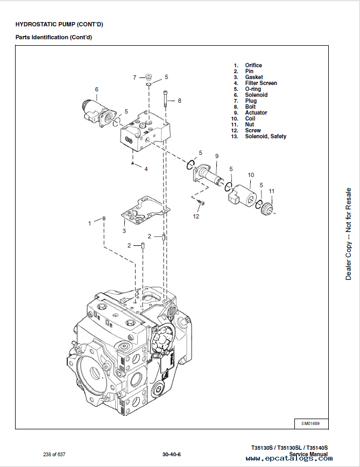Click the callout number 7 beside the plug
click(x=135, y=77)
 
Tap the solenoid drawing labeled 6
click(x=97, y=114)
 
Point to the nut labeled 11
click(x=266, y=208)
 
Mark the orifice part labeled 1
click(x=104, y=219)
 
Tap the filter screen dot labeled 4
click(x=133, y=163)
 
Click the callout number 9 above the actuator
click(x=217, y=156)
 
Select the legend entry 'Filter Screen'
click(x=261, y=83)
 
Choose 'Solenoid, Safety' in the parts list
click(x=266, y=137)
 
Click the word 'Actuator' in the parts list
click(x=256, y=112)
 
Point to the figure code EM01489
click(x=310, y=423)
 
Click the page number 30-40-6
click(x=172, y=455)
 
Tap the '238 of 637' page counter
click(x=54, y=455)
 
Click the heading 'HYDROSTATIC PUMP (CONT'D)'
click(x=59, y=24)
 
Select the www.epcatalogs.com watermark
click(x=290, y=458)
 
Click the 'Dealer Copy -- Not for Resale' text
click(x=348, y=234)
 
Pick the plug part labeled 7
click(x=149, y=76)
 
